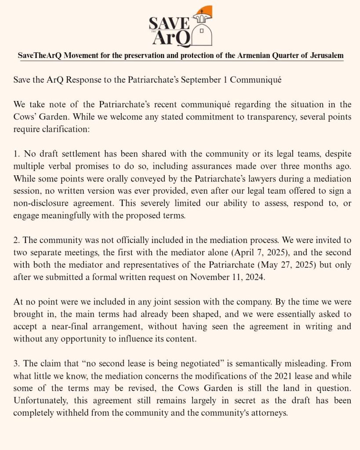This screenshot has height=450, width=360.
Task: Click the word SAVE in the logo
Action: click(169, 23)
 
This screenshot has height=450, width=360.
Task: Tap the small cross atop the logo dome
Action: click(202, 12)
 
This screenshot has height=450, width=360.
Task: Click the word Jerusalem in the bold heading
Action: click(326, 56)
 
